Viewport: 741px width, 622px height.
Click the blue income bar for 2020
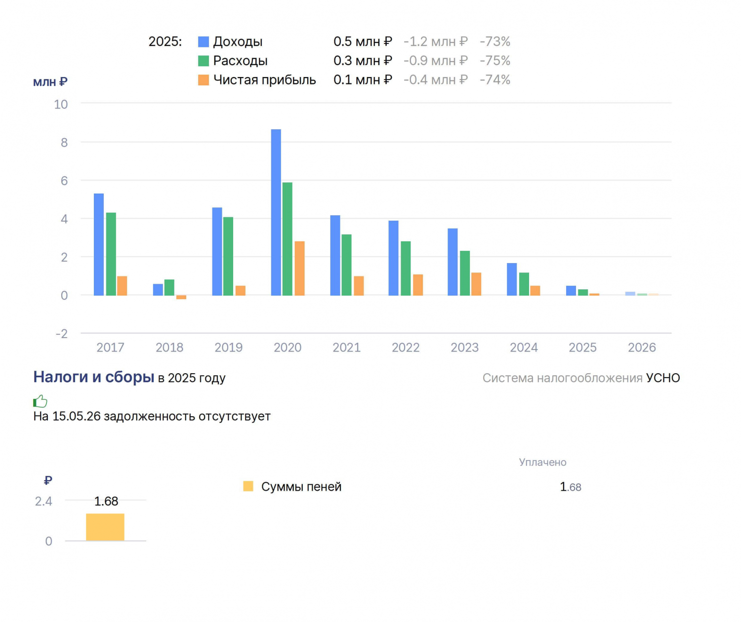point(276,212)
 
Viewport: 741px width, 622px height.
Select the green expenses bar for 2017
point(111,254)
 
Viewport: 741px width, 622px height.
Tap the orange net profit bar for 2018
point(181,297)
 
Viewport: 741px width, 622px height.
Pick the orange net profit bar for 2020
point(299,269)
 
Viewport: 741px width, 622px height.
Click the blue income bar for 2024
point(512,279)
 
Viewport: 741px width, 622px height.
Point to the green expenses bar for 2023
point(465,273)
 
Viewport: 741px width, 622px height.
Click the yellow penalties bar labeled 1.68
point(105,527)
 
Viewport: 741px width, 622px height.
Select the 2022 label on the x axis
point(406,348)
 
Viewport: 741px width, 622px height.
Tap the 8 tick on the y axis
point(64,143)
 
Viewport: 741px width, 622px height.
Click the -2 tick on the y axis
point(62,334)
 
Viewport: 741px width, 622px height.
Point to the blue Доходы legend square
point(204,42)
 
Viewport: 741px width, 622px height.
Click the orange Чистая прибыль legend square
point(204,80)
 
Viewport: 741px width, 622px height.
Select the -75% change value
point(495,61)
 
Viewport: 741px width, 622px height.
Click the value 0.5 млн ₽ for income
point(363,42)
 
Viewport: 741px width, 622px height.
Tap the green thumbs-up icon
point(40,401)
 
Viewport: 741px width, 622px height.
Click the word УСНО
point(663,378)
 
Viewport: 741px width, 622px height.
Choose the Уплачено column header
point(542,462)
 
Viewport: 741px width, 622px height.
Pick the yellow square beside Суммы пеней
point(248,486)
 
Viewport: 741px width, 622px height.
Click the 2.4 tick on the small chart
point(43,501)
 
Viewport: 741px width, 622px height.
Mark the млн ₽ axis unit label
point(50,82)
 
